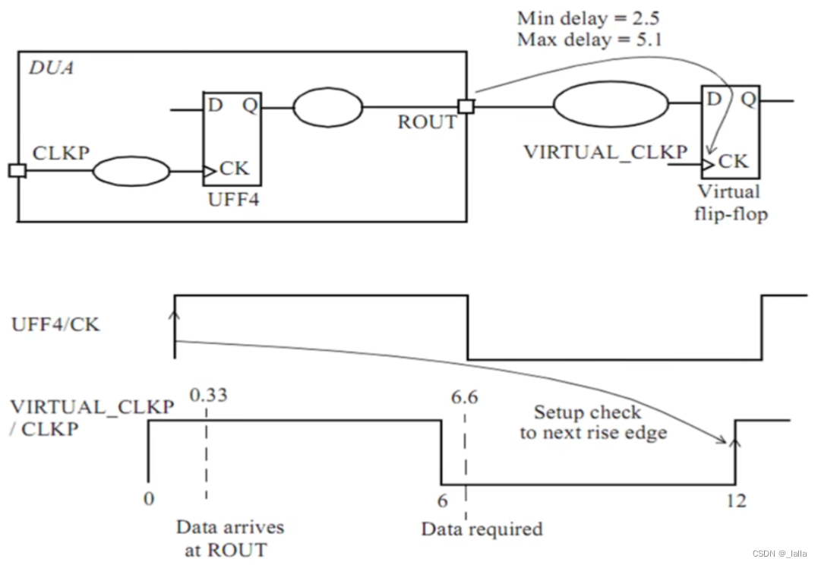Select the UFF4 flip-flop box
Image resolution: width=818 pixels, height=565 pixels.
click(232, 139)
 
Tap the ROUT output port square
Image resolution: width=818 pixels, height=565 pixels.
click(466, 106)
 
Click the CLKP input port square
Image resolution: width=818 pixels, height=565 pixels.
click(17, 170)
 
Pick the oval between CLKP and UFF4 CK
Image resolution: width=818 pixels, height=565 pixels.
click(131, 171)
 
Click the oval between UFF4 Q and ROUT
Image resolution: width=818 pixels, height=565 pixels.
click(327, 108)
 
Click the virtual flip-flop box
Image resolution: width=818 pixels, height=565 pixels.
click(729, 133)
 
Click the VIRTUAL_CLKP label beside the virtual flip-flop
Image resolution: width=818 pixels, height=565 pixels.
click(605, 151)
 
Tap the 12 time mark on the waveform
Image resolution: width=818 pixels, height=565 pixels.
click(735, 500)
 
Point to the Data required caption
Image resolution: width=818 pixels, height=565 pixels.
click(482, 528)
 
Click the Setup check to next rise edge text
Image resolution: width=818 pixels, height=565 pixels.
click(592, 422)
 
